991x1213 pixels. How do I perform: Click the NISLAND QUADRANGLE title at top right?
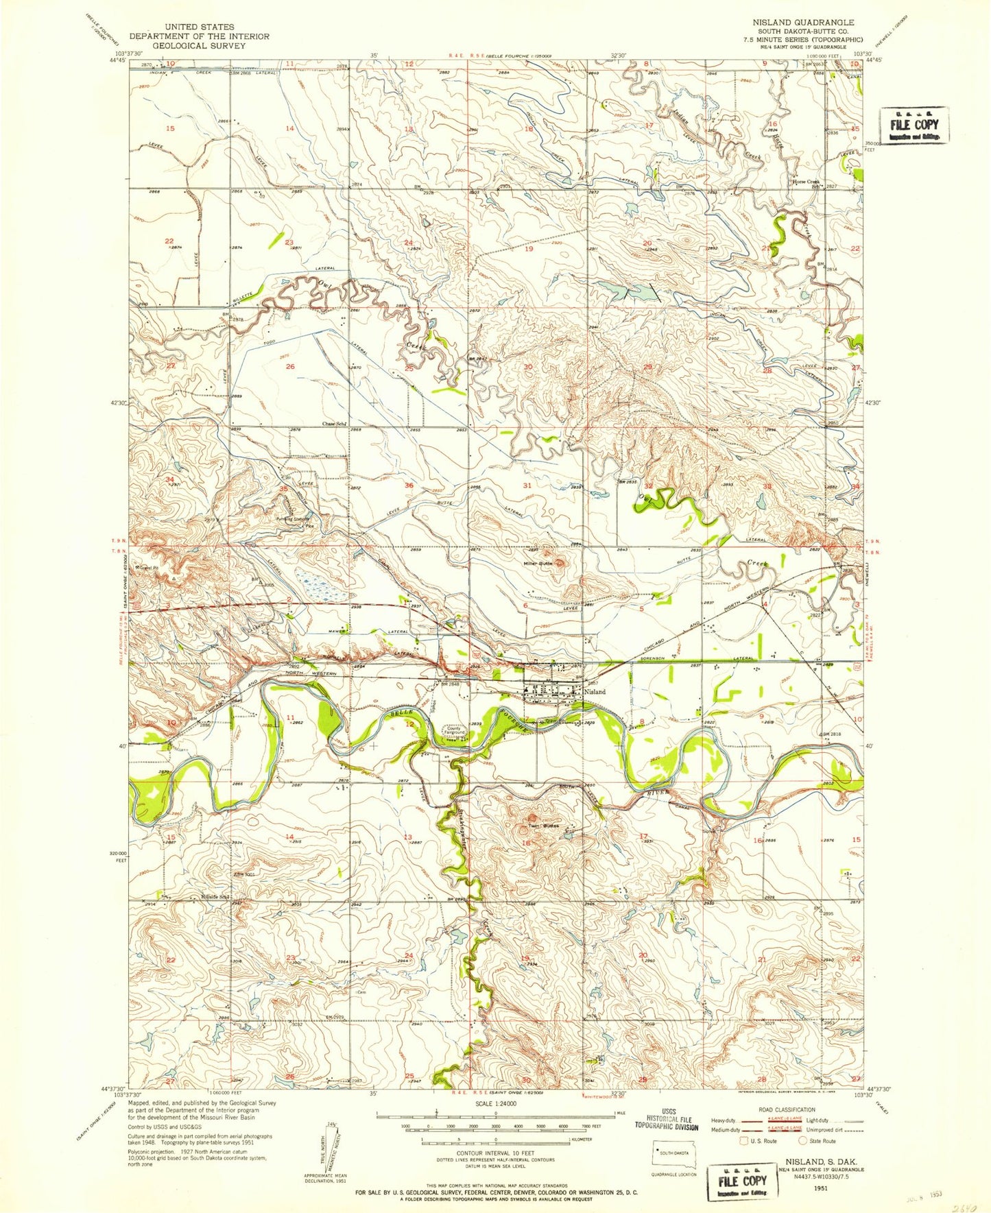[x=803, y=22]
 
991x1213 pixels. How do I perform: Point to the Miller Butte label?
[x=538, y=564]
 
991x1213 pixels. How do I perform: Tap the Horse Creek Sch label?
[x=807, y=183]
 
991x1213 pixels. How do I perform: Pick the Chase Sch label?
[x=333, y=424]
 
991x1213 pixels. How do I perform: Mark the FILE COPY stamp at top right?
[x=914, y=125]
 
